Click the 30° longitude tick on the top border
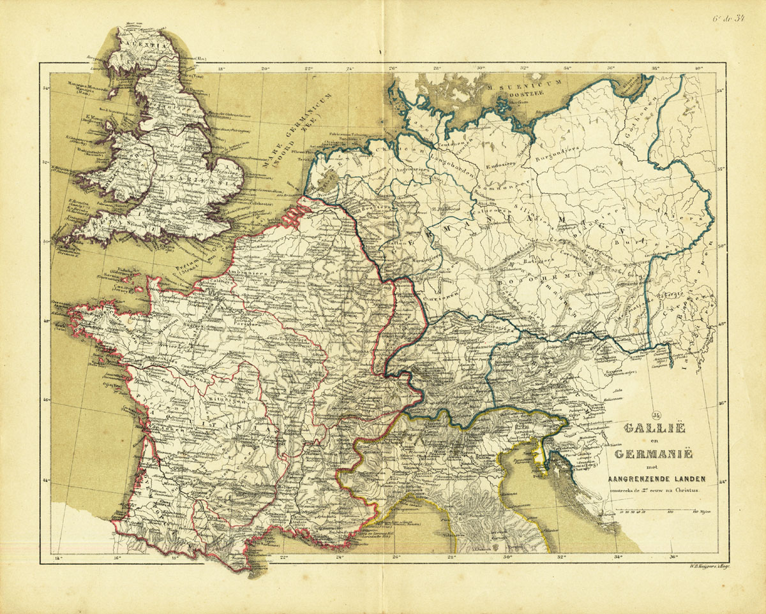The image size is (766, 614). pyautogui.click(x=481, y=68)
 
